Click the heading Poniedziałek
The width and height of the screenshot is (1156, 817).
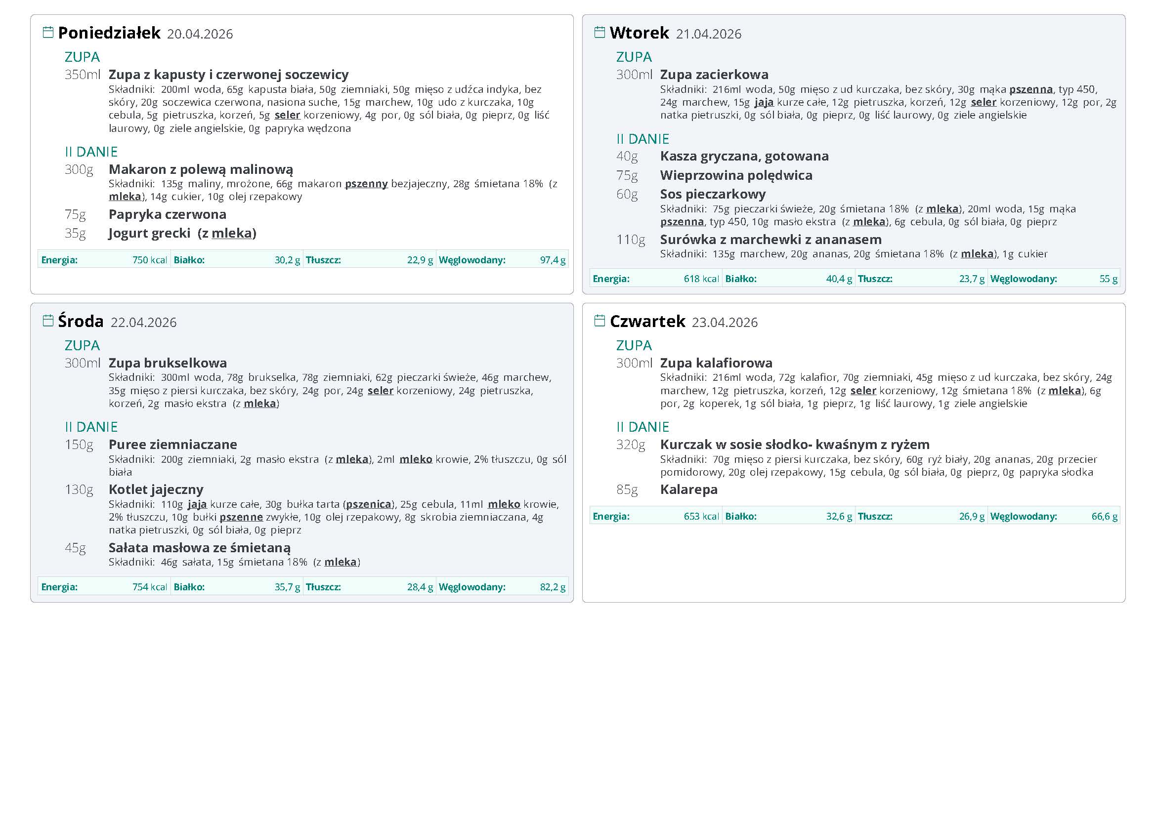(x=109, y=33)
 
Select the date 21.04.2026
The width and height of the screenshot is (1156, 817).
(x=708, y=34)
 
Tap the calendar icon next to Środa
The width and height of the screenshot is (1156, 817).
(x=48, y=321)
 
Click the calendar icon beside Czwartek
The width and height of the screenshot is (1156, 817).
(x=599, y=321)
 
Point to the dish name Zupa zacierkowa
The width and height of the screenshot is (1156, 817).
(x=714, y=75)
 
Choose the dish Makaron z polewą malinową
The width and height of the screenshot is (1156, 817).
(x=201, y=169)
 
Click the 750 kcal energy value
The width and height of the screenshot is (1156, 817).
(x=150, y=260)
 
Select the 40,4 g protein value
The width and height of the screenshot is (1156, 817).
(x=839, y=279)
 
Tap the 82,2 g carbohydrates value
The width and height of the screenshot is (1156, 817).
(x=553, y=587)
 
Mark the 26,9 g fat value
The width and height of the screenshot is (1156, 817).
(x=972, y=517)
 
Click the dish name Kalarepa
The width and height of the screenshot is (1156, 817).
(x=688, y=490)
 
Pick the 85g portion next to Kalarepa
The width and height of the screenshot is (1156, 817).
(x=627, y=490)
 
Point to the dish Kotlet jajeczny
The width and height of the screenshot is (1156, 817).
(x=156, y=490)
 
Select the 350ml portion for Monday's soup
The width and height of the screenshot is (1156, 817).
(x=83, y=75)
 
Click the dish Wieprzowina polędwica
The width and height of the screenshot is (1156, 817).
(x=736, y=175)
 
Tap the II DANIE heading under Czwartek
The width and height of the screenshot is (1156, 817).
(x=642, y=427)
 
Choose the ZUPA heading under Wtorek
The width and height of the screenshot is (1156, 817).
(x=634, y=57)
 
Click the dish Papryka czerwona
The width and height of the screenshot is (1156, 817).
(x=167, y=214)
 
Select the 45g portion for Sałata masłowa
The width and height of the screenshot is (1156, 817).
(x=76, y=548)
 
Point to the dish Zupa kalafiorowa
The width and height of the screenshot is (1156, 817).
(x=716, y=363)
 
